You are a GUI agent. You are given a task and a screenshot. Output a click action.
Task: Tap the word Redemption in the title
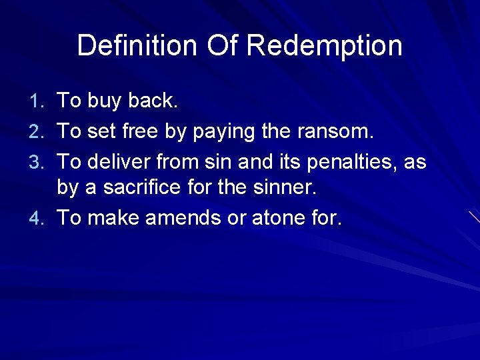coord(325,45)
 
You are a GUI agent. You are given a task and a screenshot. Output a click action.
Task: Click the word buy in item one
coord(104,101)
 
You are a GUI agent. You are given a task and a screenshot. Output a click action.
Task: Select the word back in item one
coord(151,101)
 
